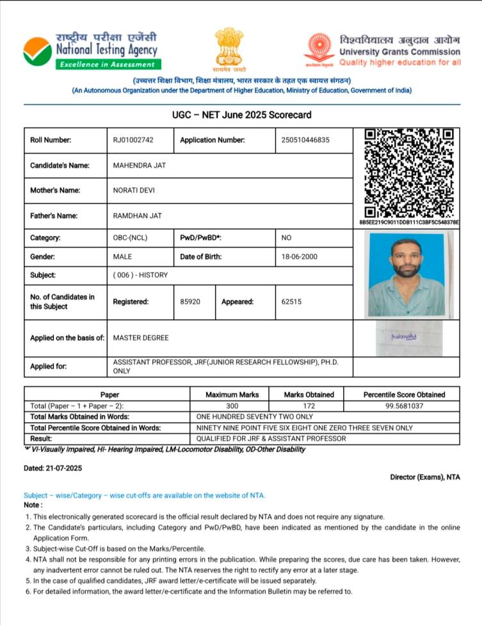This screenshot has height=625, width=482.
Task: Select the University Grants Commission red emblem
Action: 319,48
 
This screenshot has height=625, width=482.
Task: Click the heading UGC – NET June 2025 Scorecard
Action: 241,115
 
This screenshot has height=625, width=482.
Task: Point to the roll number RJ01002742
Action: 133,140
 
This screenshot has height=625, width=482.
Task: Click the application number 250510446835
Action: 305,140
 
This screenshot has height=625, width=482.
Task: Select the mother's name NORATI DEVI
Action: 134,190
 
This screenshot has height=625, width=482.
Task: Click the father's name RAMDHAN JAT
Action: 137,216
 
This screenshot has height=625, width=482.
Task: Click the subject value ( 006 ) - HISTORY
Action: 140,275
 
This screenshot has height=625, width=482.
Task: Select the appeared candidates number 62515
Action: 291,301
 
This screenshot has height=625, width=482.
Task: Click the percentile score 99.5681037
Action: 404,406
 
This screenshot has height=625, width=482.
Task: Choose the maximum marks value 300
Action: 232,406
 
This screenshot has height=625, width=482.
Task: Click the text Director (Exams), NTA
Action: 424,477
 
